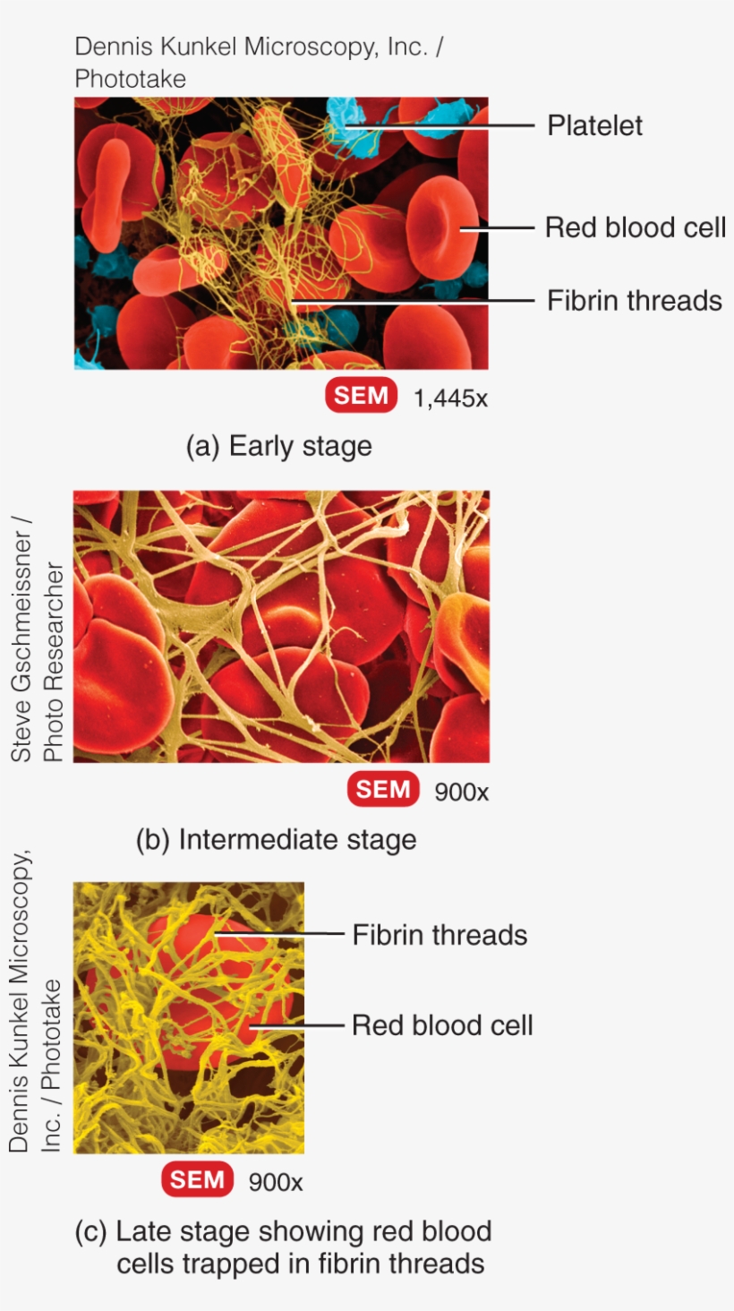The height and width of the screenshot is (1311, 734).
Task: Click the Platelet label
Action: (x=594, y=125)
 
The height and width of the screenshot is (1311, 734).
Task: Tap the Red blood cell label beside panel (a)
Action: (x=635, y=227)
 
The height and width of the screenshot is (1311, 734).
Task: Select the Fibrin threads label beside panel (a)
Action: (x=634, y=300)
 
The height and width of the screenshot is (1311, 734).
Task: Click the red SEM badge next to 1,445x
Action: (x=361, y=395)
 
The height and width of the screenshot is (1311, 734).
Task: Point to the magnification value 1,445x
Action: (x=450, y=398)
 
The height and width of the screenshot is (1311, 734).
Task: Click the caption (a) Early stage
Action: (x=278, y=446)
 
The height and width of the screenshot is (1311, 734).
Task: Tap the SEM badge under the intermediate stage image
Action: (x=383, y=789)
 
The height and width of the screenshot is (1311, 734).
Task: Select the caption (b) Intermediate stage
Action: (x=276, y=840)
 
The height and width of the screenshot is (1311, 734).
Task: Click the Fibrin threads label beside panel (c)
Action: (x=440, y=935)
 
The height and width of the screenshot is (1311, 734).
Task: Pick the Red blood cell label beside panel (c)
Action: (x=442, y=1024)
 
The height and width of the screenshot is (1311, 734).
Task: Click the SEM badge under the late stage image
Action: (x=197, y=1180)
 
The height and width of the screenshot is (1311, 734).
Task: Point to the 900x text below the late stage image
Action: (x=276, y=1182)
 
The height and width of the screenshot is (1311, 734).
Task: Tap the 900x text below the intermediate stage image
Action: (x=462, y=792)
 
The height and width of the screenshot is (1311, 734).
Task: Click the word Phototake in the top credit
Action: (x=130, y=79)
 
